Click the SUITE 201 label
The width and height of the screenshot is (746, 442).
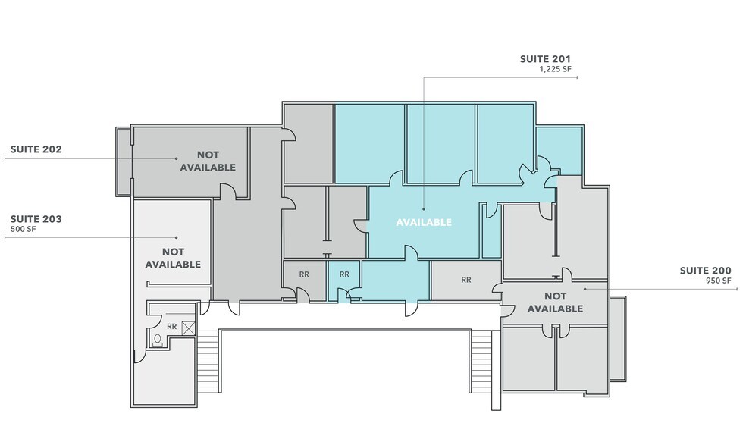545,58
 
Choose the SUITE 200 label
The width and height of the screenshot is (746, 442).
705,271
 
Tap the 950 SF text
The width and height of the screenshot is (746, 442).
719,281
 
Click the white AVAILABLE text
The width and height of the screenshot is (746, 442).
424,223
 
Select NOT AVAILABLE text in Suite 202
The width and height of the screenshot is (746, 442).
207,161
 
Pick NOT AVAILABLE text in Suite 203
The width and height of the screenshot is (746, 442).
173,258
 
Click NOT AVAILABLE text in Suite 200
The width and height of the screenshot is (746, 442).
555,303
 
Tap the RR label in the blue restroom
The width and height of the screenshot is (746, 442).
344,274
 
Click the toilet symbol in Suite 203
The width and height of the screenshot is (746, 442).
158,340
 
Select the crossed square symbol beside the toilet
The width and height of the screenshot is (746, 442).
187,328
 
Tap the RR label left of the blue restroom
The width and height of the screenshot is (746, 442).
304,274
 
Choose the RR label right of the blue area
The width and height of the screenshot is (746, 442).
465,280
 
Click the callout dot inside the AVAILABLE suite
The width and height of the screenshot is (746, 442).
423,209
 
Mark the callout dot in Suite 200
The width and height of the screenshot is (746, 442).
585,289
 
